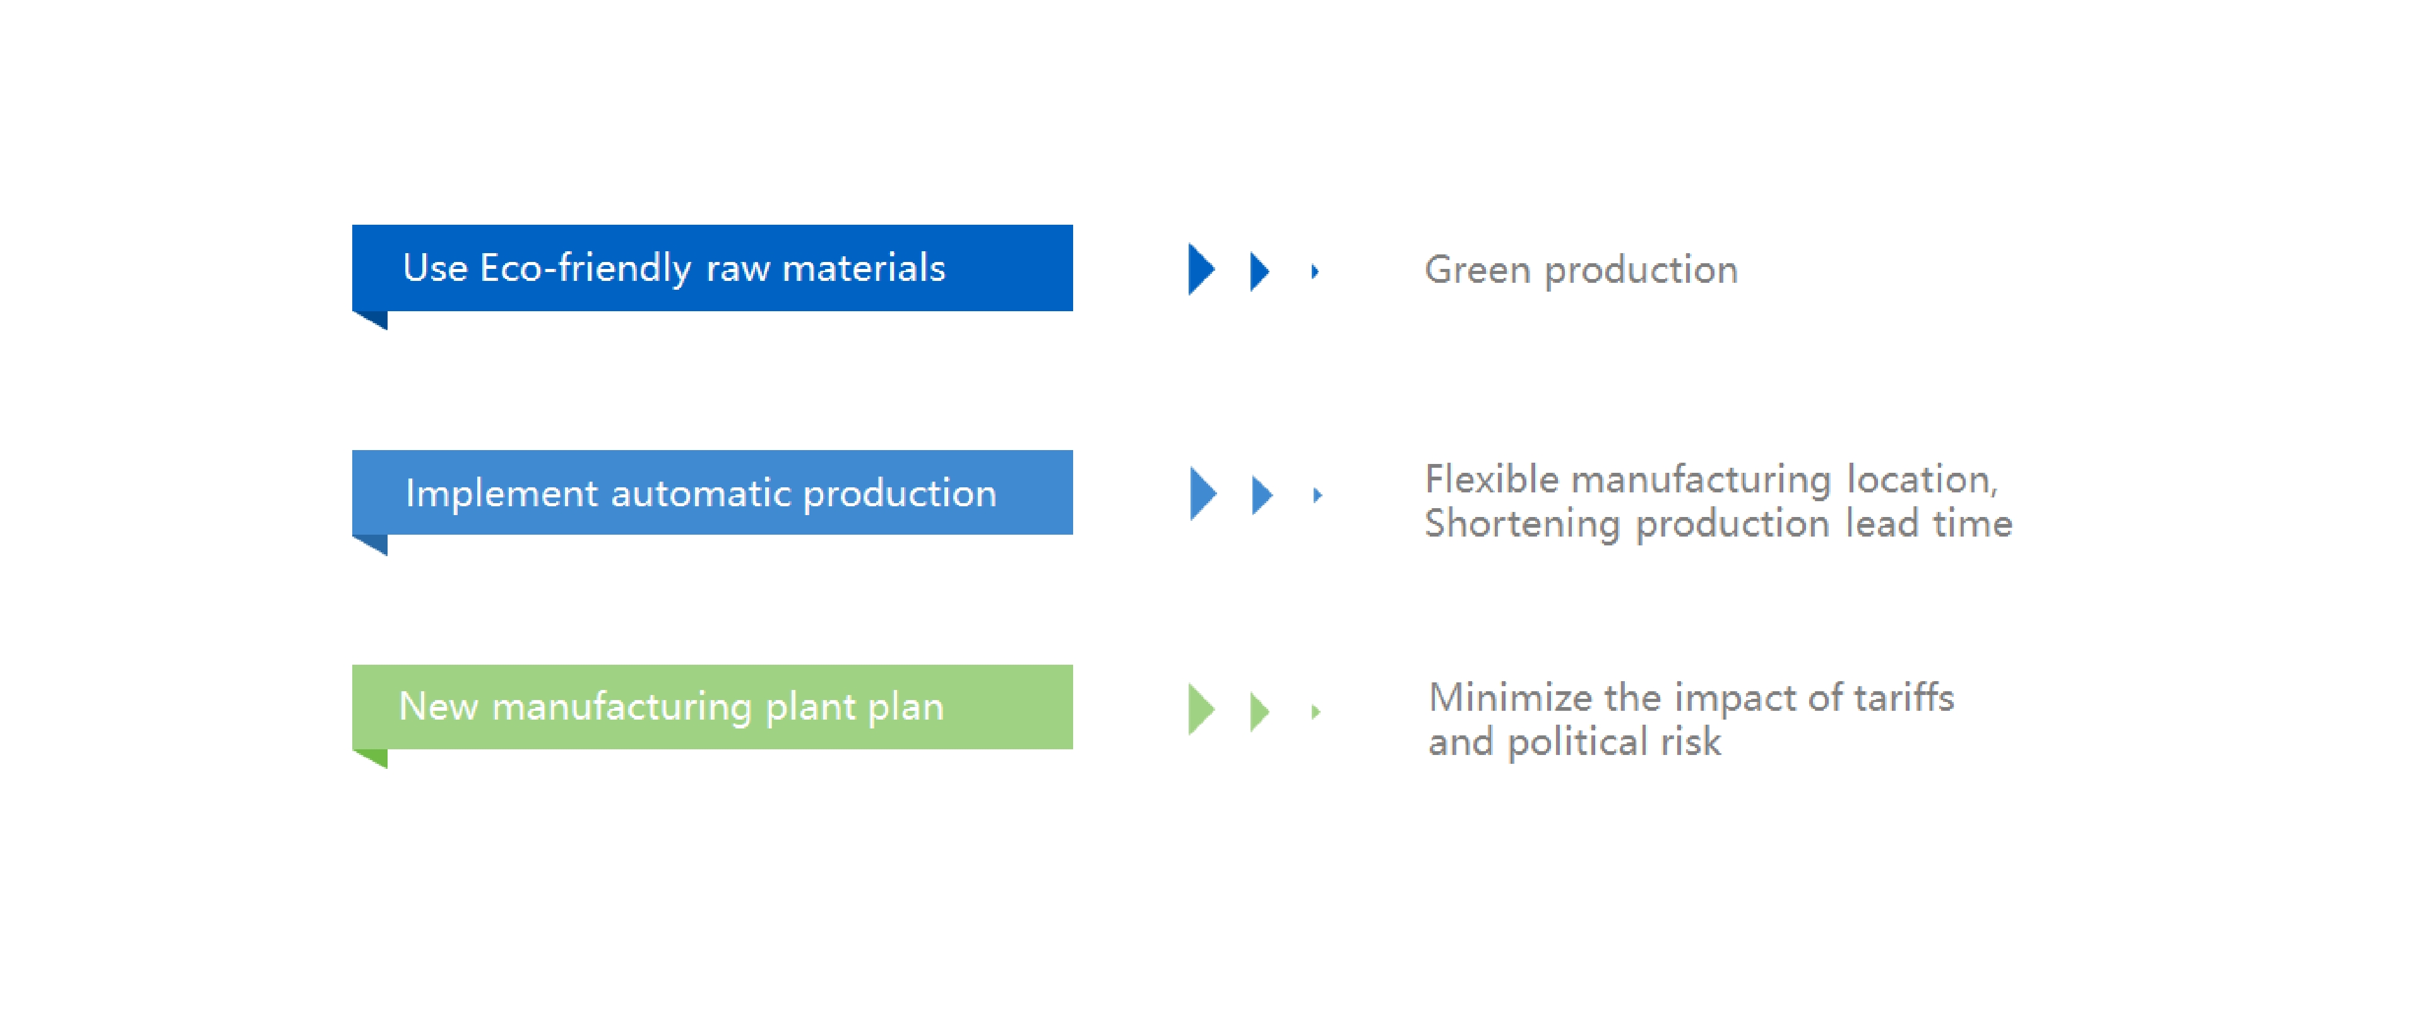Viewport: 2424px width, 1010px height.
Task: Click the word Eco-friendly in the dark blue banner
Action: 585,268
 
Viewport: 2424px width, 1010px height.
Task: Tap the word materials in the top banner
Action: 863,268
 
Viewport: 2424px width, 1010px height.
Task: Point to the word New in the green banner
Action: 439,706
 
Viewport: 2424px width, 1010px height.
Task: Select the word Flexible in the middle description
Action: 1492,479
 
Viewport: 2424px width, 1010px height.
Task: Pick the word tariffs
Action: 1904,698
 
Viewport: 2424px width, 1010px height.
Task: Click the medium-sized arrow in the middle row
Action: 1262,495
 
